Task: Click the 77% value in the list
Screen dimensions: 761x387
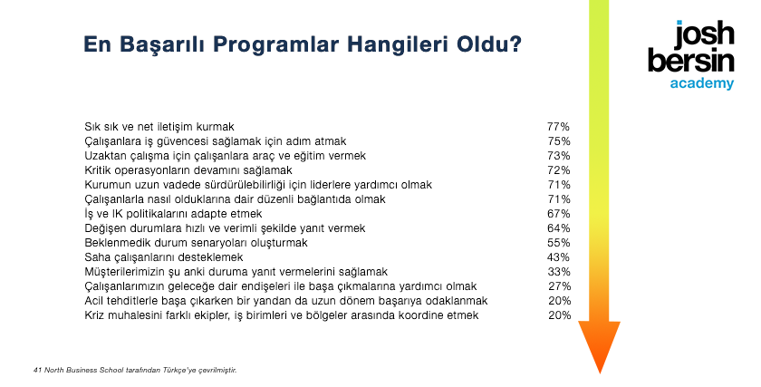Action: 558,127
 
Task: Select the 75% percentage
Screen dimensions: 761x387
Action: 559,141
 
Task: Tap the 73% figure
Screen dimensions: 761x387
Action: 559,156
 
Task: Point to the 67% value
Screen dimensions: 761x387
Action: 559,214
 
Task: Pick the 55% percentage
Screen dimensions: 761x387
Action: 559,243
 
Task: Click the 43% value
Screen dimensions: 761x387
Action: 559,257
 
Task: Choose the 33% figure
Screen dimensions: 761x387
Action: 559,272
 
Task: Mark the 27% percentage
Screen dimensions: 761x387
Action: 560,286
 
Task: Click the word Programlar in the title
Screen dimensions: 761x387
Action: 275,44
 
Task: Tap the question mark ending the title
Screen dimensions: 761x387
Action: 515,44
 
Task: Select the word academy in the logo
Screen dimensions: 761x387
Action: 702,83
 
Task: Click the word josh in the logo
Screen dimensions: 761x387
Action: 705,35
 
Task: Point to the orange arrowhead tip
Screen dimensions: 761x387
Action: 600,373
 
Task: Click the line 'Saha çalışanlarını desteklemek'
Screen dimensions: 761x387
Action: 164,257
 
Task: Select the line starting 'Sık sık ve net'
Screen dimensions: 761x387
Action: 159,127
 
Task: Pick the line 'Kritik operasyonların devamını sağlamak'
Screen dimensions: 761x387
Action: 188,170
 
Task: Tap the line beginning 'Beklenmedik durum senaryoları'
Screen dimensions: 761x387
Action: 196,243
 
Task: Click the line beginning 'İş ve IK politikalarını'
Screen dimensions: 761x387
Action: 173,214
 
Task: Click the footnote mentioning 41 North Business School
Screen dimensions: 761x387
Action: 135,370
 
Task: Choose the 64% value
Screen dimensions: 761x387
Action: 559,228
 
